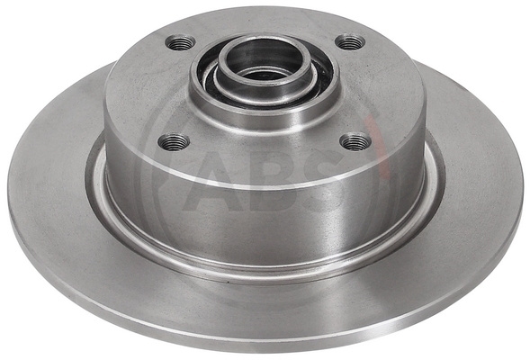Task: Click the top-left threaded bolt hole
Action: point(180,42)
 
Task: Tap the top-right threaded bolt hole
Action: point(350,42)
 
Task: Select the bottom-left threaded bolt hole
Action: point(174,142)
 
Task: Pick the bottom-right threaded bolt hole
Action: point(355,142)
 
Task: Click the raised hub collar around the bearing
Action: point(264,107)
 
